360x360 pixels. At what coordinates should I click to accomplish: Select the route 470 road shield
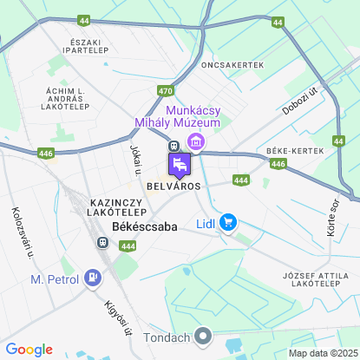166,89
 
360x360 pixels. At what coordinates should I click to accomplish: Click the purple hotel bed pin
179,165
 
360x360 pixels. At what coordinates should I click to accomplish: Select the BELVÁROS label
173,187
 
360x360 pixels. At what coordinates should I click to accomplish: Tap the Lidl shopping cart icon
228,223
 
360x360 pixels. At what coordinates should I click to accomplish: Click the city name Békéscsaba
145,226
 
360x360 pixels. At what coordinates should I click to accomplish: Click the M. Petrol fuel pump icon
91,278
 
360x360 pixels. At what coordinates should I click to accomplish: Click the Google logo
29,349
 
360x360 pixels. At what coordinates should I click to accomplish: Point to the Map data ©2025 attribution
322,353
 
